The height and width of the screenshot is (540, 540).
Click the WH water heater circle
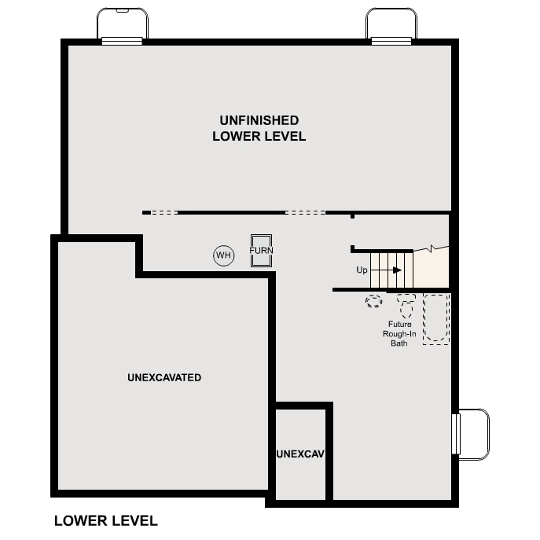click(x=224, y=255)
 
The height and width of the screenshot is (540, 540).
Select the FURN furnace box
click(x=261, y=251)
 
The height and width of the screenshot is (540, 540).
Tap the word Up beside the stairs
click(x=362, y=270)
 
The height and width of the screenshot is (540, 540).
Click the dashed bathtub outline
click(x=436, y=318)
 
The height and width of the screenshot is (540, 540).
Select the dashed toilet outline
click(x=406, y=303)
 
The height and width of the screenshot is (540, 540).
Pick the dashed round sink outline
click(x=373, y=300)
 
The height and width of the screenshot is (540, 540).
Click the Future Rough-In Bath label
click(x=399, y=333)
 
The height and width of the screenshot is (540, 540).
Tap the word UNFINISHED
click(x=259, y=120)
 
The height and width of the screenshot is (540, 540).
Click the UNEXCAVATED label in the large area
click(x=164, y=377)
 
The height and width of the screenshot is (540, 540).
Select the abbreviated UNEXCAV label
click(x=301, y=454)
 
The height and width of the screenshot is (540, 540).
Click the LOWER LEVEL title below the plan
click(x=105, y=520)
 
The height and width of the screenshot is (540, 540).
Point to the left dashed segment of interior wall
click(x=164, y=212)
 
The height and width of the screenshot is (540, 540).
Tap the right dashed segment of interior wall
click(x=305, y=212)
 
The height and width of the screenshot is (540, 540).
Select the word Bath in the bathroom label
click(x=399, y=343)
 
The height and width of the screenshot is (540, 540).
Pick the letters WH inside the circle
click(x=224, y=255)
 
